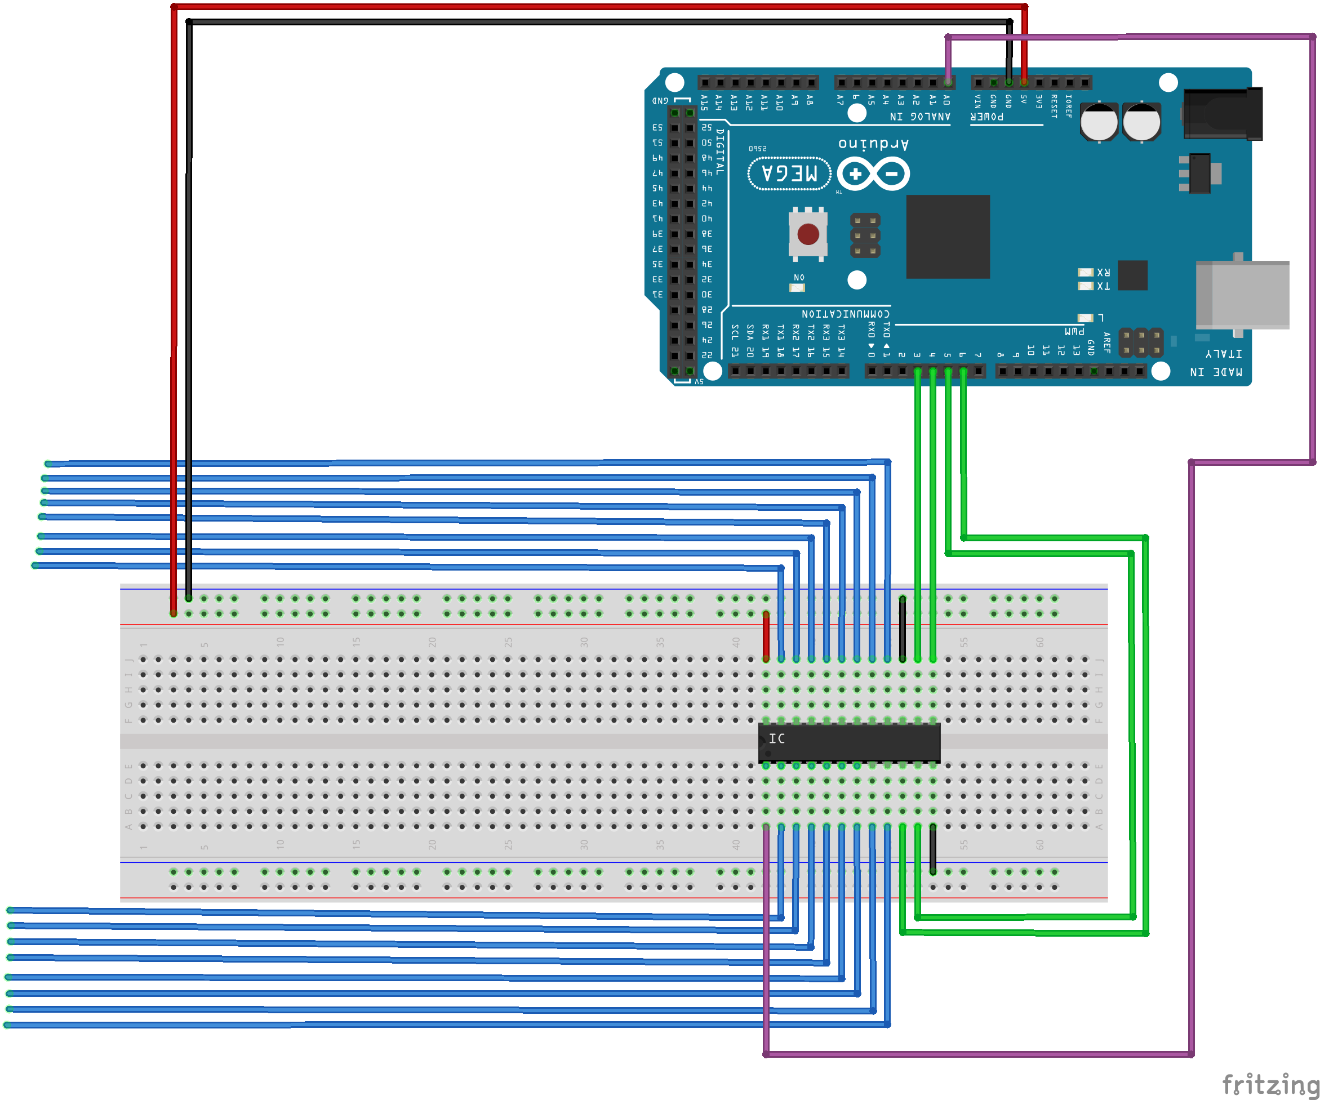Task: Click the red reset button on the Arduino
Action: click(x=808, y=234)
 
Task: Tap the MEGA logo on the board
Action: click(x=789, y=173)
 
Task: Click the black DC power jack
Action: click(x=1223, y=114)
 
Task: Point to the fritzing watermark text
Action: click(x=1270, y=1085)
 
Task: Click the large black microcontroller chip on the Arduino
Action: click(x=947, y=237)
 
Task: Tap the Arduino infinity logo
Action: click(x=874, y=174)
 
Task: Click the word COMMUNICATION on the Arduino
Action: click(x=846, y=314)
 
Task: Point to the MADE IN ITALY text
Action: click(x=1216, y=363)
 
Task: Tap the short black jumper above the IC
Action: click(x=903, y=629)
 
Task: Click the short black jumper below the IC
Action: click(x=933, y=849)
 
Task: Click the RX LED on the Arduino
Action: click(x=1086, y=272)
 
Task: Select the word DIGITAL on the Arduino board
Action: click(x=721, y=152)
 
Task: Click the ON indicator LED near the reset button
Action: click(x=797, y=287)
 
